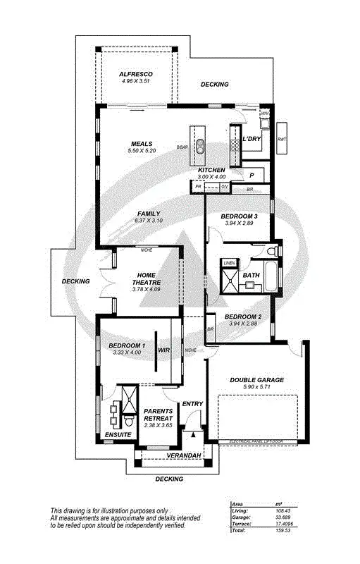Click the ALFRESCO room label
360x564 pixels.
(136, 74)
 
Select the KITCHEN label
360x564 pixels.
(211, 171)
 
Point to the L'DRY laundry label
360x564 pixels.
(252, 139)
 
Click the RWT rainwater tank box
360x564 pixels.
(283, 139)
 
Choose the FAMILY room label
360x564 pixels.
(149, 214)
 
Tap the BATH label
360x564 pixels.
(252, 276)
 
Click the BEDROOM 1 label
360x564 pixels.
(127, 345)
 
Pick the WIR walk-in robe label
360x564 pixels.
(163, 349)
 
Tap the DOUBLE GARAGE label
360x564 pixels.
(257, 380)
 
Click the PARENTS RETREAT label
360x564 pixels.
(158, 414)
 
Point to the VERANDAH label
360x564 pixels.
(184, 456)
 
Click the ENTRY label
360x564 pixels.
(192, 404)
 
